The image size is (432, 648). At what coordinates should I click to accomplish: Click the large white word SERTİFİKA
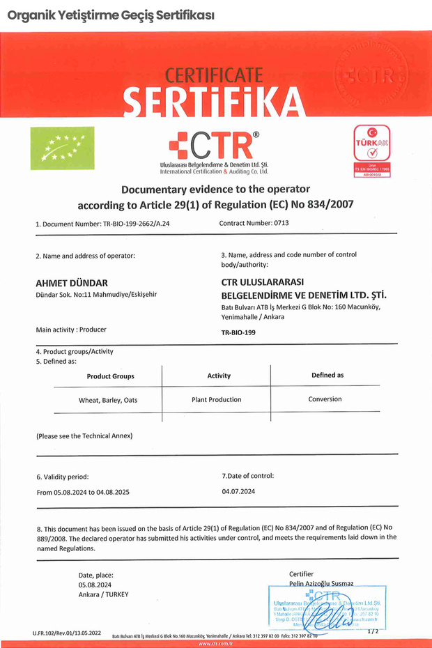[x=214, y=102]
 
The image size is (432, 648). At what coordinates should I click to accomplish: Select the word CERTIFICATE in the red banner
[x=214, y=75]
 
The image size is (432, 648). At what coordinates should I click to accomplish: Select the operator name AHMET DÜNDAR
[x=71, y=283]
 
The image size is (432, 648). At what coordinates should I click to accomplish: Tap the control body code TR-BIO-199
[x=238, y=333]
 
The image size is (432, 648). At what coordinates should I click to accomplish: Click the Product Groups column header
[x=110, y=376]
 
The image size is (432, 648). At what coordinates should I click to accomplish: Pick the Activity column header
[x=219, y=376]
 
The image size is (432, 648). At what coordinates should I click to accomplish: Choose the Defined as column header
[x=327, y=375]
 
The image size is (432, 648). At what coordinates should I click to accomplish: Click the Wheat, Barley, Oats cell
[x=108, y=401]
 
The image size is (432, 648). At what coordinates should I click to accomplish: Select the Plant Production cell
[x=216, y=400]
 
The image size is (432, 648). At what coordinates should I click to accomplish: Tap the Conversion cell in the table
[x=325, y=399]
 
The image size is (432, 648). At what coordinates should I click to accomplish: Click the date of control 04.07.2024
[x=238, y=491]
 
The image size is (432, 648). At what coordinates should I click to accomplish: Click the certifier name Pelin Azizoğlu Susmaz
[x=321, y=583]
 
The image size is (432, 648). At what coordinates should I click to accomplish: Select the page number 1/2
[x=373, y=631]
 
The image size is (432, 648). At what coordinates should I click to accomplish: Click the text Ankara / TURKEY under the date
[x=103, y=594]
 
